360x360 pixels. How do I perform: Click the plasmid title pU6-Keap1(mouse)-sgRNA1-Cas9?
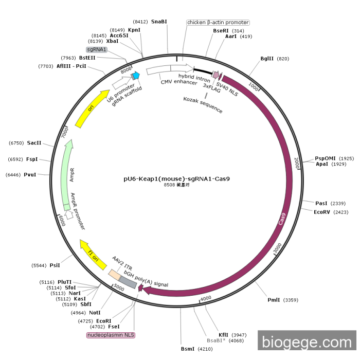(176, 179)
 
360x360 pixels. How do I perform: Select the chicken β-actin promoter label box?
(218, 23)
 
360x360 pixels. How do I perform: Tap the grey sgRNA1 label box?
(97, 49)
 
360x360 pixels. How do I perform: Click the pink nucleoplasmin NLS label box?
(111, 335)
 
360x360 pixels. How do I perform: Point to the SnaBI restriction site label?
(159, 22)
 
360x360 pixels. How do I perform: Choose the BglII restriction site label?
(267, 59)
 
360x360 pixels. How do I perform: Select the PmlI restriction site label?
(274, 300)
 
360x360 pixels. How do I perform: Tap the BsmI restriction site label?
(187, 349)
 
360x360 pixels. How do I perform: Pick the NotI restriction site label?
(94, 312)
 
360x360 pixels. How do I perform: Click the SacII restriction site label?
(34, 142)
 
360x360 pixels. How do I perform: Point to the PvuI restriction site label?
(30, 175)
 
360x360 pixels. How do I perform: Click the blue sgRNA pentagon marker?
(136, 76)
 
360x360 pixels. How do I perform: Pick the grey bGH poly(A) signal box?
(128, 281)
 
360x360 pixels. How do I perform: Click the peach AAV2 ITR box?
(115, 274)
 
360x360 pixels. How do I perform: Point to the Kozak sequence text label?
(203, 104)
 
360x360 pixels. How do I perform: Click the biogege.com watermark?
(307, 342)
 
